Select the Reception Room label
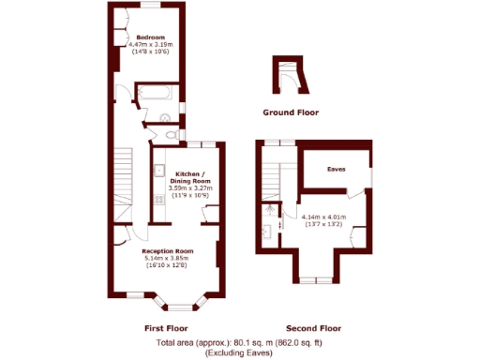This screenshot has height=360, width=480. pyautogui.click(x=167, y=251)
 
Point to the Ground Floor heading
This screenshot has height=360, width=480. pyautogui.click(x=291, y=112)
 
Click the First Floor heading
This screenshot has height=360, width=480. pyautogui.click(x=166, y=328)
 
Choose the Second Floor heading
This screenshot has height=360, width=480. pyautogui.click(x=313, y=328)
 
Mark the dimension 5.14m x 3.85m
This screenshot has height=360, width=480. pyautogui.click(x=167, y=259)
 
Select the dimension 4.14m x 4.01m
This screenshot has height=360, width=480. pyautogui.click(x=323, y=217)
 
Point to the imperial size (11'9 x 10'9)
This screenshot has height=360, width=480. pyautogui.click(x=188, y=195)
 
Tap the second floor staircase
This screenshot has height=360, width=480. pyautogui.click(x=273, y=172)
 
